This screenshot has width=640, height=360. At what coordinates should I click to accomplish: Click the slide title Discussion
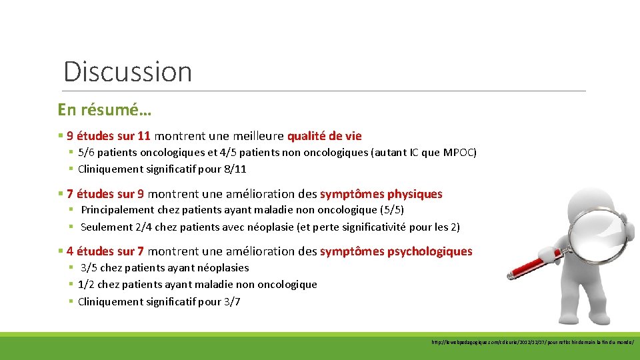127,71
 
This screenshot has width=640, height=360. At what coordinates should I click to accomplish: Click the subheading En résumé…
104,109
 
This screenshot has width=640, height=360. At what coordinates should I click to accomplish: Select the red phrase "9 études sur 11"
109,136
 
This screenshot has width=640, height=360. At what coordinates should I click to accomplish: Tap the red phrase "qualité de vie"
324,136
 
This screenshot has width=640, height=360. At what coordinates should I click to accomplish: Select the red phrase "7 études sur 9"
105,194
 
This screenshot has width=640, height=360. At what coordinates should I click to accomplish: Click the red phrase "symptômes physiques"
381,194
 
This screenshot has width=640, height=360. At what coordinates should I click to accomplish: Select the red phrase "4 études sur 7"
105,251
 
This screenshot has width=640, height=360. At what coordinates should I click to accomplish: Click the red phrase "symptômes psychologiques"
395,251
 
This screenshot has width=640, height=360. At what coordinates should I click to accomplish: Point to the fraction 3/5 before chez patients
89,268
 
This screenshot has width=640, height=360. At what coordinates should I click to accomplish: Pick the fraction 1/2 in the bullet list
87,285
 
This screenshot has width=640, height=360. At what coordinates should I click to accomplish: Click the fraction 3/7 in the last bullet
231,301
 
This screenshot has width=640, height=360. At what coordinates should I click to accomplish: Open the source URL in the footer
533,342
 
